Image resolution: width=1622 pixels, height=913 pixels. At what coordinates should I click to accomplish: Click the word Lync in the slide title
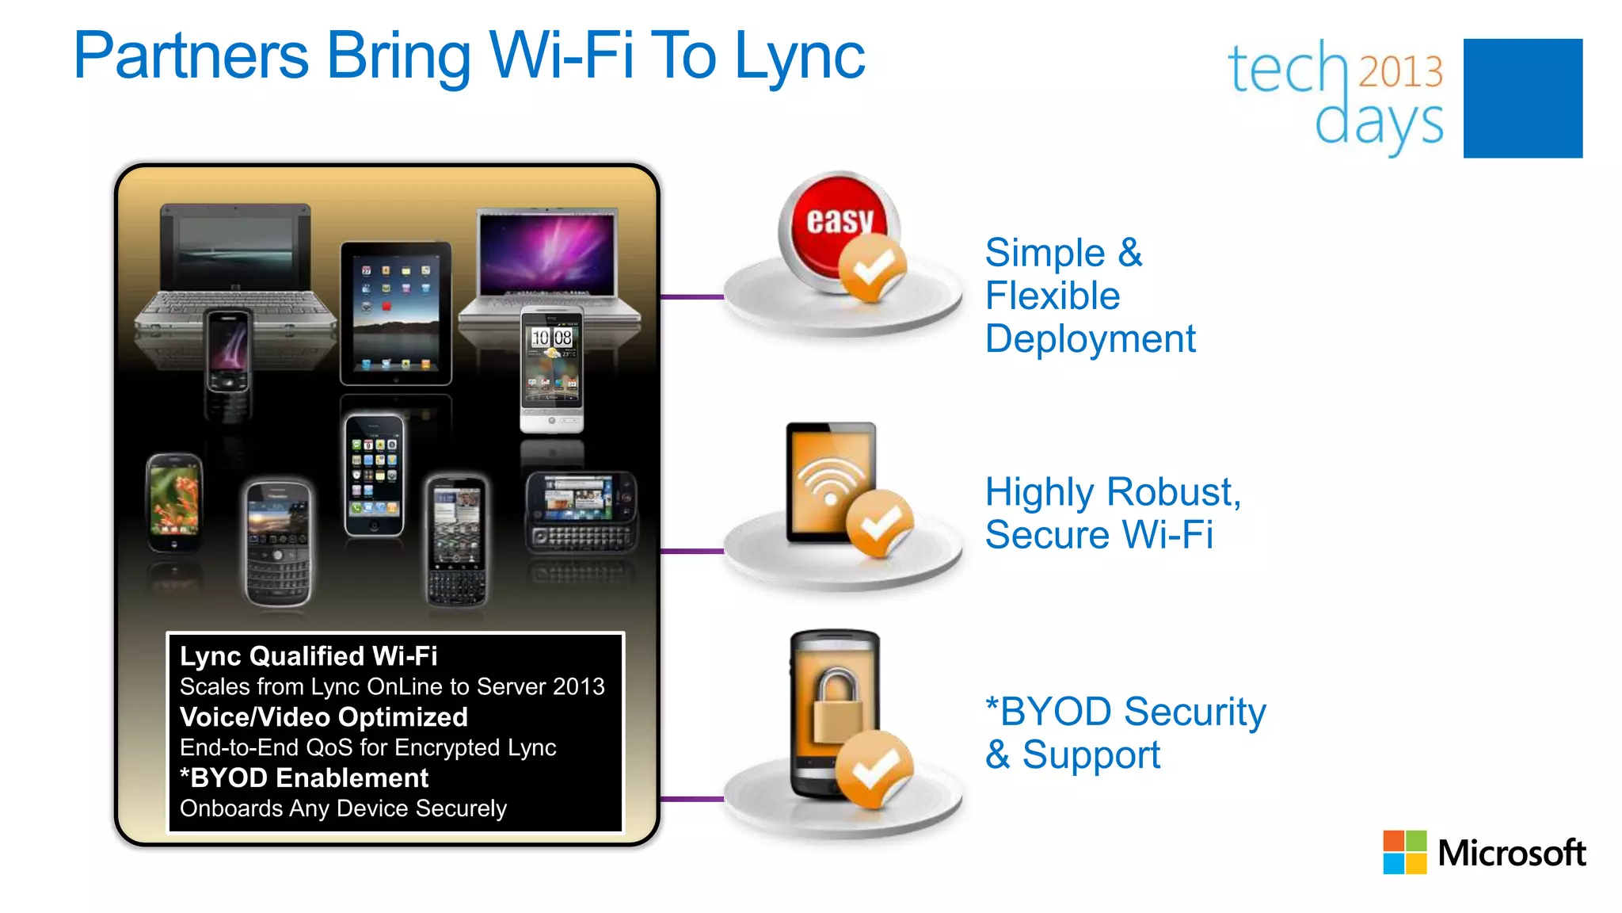click(x=800, y=57)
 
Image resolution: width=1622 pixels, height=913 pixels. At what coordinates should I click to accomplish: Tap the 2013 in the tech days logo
click(x=1400, y=72)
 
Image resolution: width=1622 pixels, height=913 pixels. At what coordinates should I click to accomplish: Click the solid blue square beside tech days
click(x=1522, y=98)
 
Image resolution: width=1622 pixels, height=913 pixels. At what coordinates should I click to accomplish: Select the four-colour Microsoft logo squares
click(x=1404, y=852)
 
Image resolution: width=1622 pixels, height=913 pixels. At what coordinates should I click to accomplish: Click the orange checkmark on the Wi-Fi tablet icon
click(x=879, y=523)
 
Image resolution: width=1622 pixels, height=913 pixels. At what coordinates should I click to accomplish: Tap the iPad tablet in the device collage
click(x=395, y=314)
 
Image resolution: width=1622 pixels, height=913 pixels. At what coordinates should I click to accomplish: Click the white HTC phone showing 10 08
click(x=552, y=369)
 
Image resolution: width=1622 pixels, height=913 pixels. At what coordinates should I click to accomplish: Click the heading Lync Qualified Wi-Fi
click(x=308, y=656)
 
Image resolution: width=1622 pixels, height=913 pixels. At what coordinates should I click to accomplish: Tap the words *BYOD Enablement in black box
click(x=304, y=778)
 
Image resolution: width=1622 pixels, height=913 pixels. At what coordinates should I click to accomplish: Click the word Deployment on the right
click(x=1090, y=339)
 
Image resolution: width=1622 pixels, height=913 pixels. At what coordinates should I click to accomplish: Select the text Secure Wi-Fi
click(x=1098, y=535)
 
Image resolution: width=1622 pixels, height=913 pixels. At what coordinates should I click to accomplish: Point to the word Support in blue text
click(x=1091, y=754)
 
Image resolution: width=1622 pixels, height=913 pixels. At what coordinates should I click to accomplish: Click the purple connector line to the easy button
click(x=691, y=297)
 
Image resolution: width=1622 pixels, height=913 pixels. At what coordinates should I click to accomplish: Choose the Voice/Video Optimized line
click(x=323, y=717)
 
